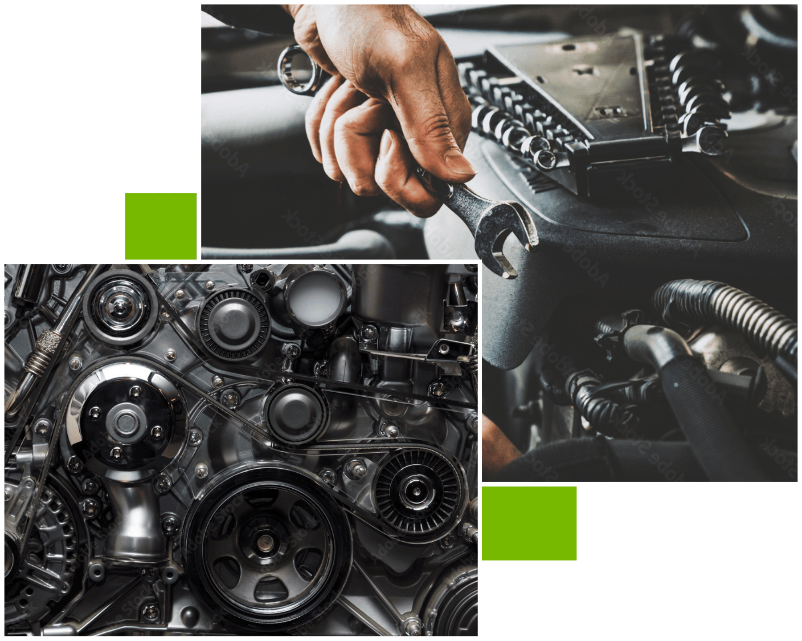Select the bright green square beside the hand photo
click(x=160, y=226)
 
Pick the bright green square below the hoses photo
click(x=529, y=524)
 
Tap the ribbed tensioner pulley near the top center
click(x=233, y=324)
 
